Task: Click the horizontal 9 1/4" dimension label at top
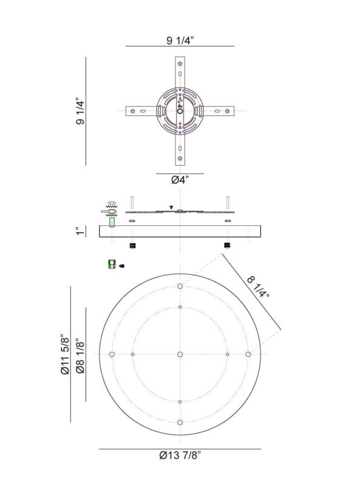click(x=180, y=41)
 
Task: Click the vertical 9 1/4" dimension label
click(x=80, y=111)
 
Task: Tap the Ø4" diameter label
click(x=180, y=180)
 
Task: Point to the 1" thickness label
click(x=80, y=231)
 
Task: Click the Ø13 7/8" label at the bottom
click(x=180, y=456)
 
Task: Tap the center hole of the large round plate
click(x=180, y=354)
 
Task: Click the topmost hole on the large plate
click(x=180, y=286)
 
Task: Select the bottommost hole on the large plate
click(x=180, y=422)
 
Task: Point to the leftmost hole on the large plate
click(x=112, y=354)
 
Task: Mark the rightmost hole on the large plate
click(x=248, y=354)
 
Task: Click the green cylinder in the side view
click(x=112, y=221)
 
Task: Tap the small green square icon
click(x=112, y=265)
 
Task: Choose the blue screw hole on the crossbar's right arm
click(x=227, y=111)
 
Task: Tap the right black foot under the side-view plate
click(x=227, y=245)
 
